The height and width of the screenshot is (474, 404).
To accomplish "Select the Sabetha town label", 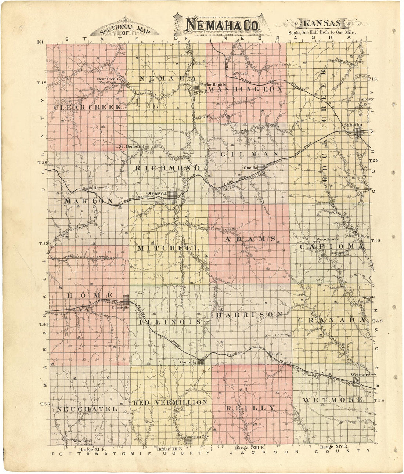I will [353, 125].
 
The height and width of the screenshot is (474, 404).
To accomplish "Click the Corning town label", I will [188, 362].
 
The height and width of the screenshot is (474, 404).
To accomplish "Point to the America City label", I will [197, 436].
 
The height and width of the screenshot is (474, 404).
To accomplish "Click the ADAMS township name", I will [250, 239].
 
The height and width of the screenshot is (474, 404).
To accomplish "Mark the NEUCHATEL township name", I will [87, 409].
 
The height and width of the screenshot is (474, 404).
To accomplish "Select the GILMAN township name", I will [250, 154].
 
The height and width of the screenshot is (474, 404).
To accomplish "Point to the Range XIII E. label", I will [250, 448].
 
